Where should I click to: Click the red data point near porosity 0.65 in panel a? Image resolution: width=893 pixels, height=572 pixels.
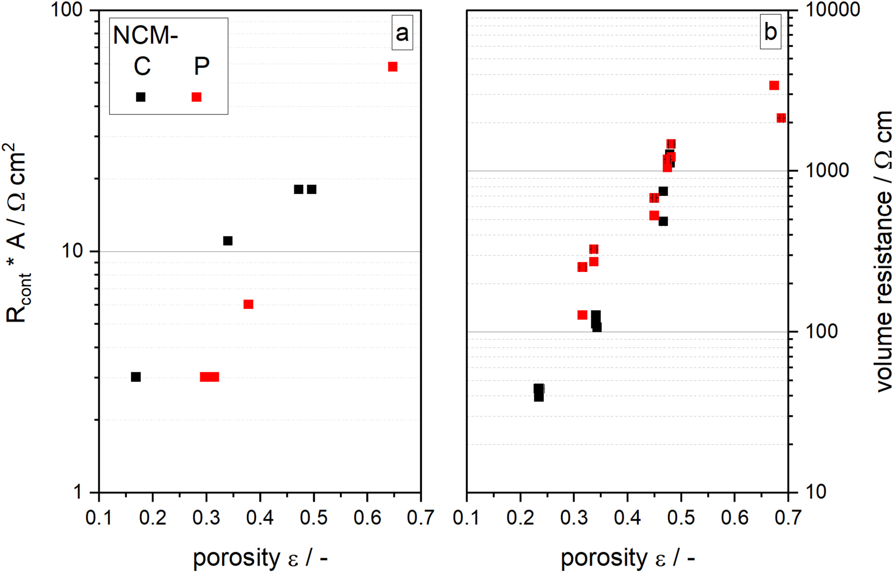point(393,67)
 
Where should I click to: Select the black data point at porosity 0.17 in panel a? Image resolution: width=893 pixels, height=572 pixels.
point(136,377)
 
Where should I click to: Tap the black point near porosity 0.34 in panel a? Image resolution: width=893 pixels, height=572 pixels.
point(228,241)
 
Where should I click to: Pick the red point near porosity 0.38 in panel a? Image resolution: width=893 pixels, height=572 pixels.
point(248,304)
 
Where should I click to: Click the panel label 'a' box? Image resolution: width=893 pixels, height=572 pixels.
point(402,33)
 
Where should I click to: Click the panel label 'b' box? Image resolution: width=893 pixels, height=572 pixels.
point(770,32)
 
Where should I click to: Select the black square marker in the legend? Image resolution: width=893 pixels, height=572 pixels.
point(141,97)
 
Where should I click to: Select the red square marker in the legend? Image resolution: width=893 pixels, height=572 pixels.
point(197,97)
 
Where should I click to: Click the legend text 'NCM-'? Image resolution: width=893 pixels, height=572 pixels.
point(145,35)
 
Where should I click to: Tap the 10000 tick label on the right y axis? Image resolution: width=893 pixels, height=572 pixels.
point(831,10)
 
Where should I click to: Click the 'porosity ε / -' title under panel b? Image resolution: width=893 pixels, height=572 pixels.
point(628,558)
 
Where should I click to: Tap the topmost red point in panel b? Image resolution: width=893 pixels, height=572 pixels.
point(774,85)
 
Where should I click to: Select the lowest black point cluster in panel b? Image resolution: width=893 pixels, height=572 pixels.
point(539,393)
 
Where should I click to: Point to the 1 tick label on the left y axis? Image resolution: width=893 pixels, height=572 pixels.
point(79,492)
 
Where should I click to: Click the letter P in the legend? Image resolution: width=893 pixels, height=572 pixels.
point(201,66)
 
